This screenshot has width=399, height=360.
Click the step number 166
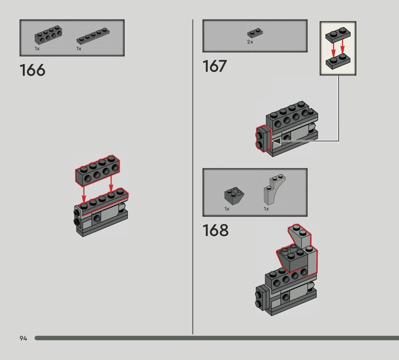tap(32, 70)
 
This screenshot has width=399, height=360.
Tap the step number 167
tap(214, 66)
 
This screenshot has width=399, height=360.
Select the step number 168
tap(215, 230)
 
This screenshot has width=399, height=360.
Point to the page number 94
tap(23, 338)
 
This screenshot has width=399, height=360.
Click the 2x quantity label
tap(250, 42)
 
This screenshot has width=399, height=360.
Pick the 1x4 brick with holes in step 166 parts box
tap(48, 35)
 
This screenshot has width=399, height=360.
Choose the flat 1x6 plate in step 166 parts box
tap(93, 36)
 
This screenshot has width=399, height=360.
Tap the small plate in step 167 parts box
tap(255, 33)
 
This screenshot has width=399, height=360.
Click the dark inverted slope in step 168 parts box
tap(234, 196)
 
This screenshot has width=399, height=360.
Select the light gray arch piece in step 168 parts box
tap(274, 189)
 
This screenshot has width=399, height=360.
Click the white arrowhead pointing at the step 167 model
tap(277, 141)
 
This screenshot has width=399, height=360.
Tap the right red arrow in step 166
tap(111, 183)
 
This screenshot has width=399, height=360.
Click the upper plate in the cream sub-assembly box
tap(338, 35)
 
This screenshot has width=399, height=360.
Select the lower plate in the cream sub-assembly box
tap(338, 61)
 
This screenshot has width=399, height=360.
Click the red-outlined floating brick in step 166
tap(98, 170)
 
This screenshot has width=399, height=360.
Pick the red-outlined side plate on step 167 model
tap(264, 139)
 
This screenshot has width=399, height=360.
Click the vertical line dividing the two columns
tap(193, 177)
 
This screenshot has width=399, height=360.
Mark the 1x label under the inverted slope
tap(227, 209)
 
